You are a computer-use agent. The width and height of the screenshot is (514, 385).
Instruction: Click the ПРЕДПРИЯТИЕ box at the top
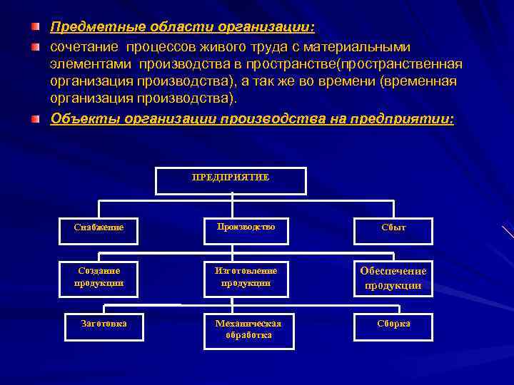(x=231, y=180)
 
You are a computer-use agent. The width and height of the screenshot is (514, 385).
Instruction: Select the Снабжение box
(x=99, y=228)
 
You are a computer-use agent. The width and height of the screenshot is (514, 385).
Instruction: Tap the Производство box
(x=245, y=227)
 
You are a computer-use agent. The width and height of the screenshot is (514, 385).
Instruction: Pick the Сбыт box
(x=393, y=228)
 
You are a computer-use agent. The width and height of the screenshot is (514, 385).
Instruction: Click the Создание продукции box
(x=99, y=277)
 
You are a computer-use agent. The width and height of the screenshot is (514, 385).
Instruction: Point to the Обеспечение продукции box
(x=393, y=278)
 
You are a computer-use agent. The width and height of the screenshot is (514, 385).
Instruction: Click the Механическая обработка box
(x=248, y=330)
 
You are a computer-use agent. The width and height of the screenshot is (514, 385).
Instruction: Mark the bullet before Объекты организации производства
(x=35, y=118)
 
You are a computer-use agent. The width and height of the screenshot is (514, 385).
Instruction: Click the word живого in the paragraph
(x=222, y=47)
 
